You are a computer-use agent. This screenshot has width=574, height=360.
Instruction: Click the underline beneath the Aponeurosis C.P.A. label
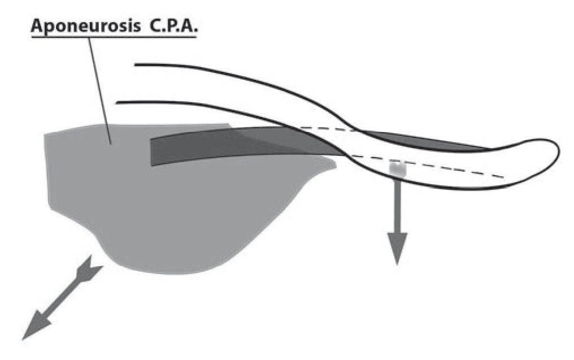pos(113,38)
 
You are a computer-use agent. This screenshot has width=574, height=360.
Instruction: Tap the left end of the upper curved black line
pos(137,64)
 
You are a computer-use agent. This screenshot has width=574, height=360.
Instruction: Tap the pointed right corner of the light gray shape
pos(336,165)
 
